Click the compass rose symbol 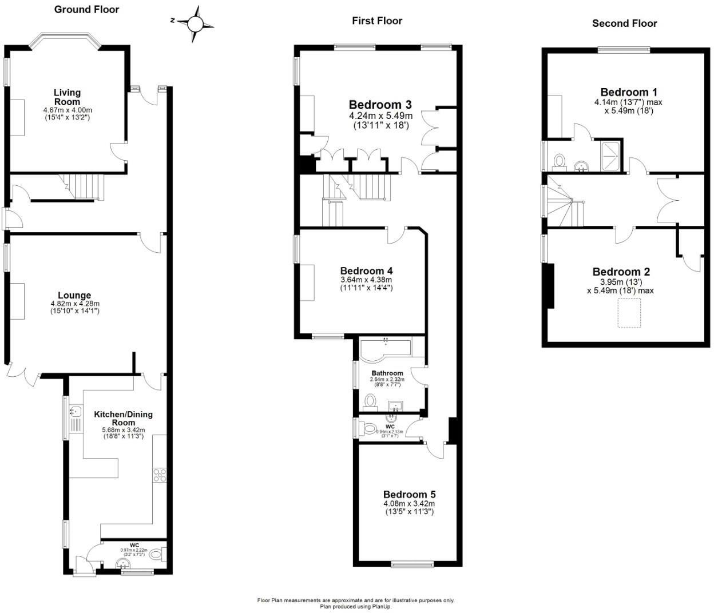(195, 24)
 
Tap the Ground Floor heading (86, 9)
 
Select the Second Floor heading (624, 23)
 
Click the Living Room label (67, 97)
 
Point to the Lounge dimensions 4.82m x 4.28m (74, 304)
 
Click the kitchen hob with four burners (160, 476)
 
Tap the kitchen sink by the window (75, 411)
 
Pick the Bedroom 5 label (409, 495)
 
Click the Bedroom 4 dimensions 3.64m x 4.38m (366, 280)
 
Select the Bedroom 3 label (380, 105)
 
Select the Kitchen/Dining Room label (123, 418)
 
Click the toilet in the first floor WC (370, 428)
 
